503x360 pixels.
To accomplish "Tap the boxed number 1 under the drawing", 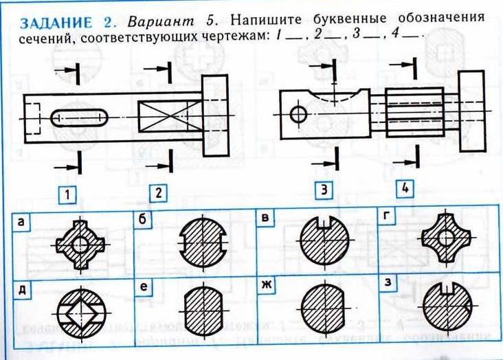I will pos(67,194).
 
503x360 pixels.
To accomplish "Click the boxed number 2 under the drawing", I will pos(158,194).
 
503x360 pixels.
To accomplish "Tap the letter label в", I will pos(265,221).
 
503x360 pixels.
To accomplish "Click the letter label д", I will pos(22,289).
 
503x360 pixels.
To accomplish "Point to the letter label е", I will pos(144,289).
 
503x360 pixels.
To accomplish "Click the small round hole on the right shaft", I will pos(298,114).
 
